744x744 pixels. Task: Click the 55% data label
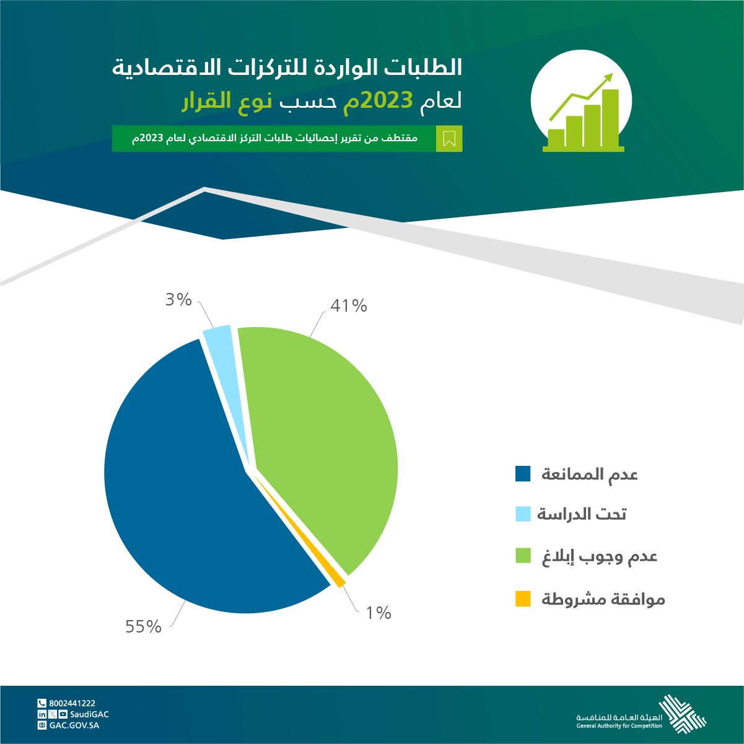(143, 627)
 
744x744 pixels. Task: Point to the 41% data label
(349, 306)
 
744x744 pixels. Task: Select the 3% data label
(178, 299)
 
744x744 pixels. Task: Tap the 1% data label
(379, 613)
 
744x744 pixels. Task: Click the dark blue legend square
(523, 473)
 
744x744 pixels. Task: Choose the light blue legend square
(523, 514)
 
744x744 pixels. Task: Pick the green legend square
(523, 555)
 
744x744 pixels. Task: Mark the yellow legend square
(523, 598)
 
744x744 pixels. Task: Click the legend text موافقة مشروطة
(603, 599)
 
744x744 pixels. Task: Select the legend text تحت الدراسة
(582, 514)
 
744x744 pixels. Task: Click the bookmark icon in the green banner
(449, 139)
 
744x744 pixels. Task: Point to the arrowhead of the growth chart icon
(607, 77)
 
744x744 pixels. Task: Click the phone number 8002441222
(72, 704)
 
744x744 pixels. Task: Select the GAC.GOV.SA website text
(74, 725)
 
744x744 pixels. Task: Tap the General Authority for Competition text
(619, 726)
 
